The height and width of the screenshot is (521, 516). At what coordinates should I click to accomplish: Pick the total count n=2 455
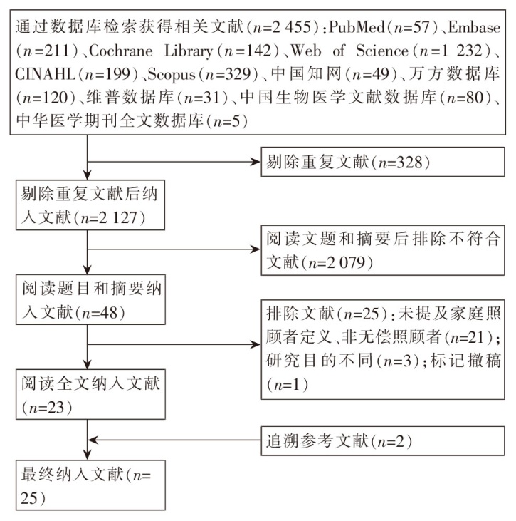coord(285,33)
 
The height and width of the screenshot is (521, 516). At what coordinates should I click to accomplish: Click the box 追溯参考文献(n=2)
coord(386,440)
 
